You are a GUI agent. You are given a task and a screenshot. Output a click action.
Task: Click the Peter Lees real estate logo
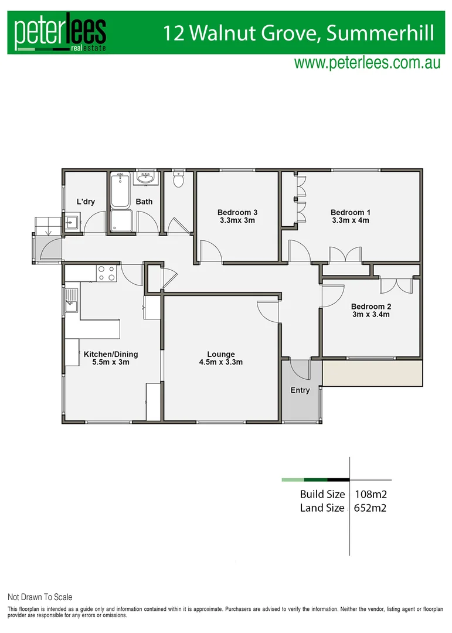pyautogui.click(x=60, y=33)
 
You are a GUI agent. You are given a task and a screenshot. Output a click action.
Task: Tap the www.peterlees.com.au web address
pyautogui.click(x=367, y=63)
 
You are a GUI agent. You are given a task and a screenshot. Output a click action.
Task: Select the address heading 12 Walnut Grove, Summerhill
pyautogui.click(x=299, y=33)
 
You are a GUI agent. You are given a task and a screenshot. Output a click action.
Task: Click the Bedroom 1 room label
pyautogui.click(x=350, y=212)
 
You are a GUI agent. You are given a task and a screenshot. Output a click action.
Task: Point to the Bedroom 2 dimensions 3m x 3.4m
pyautogui.click(x=371, y=315)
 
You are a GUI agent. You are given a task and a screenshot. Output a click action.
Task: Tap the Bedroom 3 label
pyautogui.click(x=237, y=212)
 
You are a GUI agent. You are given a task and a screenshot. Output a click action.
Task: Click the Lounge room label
pyautogui.click(x=221, y=354)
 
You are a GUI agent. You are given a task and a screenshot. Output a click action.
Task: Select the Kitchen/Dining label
pyautogui.click(x=111, y=354)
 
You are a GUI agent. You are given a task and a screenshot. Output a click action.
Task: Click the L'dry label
pyautogui.click(x=86, y=202)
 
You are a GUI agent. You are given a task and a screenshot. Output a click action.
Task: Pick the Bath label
pyautogui.click(x=144, y=202)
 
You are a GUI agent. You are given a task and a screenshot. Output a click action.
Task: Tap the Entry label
pyautogui.click(x=300, y=390)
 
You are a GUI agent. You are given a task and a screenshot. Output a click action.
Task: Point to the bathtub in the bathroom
pyautogui.click(x=121, y=190)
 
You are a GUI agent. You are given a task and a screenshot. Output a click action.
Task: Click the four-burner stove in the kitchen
pyautogui.click(x=106, y=273)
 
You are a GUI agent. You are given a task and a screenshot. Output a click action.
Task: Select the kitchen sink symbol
pyautogui.click(x=72, y=302)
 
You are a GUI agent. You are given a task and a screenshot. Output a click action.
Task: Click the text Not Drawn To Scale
pyautogui.click(x=40, y=597)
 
